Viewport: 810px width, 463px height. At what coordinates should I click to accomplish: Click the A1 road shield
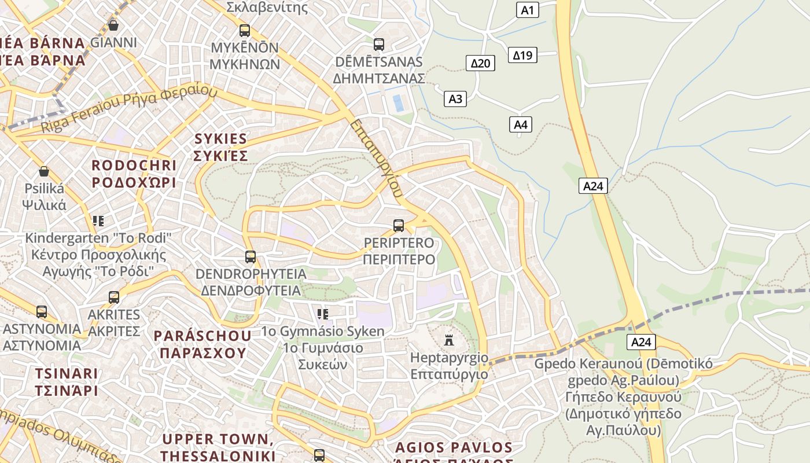click(527, 9)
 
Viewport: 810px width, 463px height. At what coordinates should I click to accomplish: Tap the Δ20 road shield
click(480, 63)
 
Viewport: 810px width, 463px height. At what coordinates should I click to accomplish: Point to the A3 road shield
click(455, 99)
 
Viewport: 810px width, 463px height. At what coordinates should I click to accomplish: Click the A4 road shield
click(521, 124)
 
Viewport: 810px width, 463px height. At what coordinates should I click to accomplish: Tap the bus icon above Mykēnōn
click(245, 31)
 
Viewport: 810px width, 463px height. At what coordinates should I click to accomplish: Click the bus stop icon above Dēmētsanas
click(379, 45)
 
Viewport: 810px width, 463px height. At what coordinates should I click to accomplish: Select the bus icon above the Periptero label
click(399, 226)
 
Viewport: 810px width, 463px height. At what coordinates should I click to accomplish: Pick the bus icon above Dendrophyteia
click(251, 257)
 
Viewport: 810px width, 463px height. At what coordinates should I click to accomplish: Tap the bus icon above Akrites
click(114, 297)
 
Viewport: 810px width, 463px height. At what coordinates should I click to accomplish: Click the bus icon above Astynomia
click(42, 312)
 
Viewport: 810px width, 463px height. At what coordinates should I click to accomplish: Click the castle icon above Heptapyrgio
click(449, 340)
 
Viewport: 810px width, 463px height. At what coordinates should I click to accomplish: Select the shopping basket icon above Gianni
click(113, 25)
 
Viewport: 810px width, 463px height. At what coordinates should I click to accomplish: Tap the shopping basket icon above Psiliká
click(44, 171)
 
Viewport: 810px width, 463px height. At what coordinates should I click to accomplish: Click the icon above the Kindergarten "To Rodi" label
click(98, 221)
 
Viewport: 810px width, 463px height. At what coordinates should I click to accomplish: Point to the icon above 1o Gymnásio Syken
click(323, 314)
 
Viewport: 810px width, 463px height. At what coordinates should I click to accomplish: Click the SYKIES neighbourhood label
click(220, 147)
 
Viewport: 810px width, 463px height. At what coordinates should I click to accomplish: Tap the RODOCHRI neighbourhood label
click(134, 174)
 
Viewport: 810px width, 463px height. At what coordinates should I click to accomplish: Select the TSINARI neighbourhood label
click(66, 381)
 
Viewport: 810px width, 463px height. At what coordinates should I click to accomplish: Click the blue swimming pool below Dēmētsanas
click(398, 104)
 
